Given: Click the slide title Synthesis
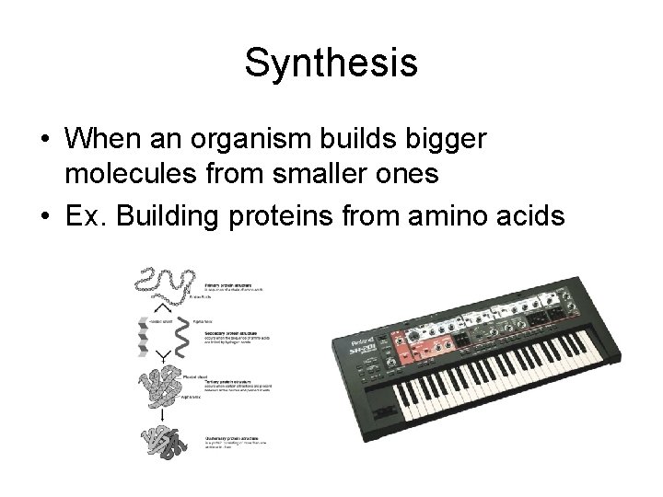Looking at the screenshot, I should coord(331,64).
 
